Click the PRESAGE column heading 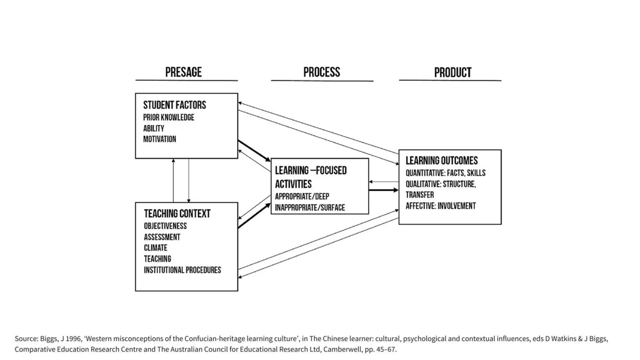pyautogui.click(x=183, y=72)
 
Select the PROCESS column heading pyautogui.click(x=322, y=72)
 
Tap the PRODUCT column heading pyautogui.click(x=452, y=72)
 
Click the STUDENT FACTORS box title pyautogui.click(x=174, y=105)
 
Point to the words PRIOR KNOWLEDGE pyautogui.click(x=168, y=117)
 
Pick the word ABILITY pyautogui.click(x=153, y=128)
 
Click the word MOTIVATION pyautogui.click(x=159, y=139)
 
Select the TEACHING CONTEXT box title pyautogui.click(x=177, y=214)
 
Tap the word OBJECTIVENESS pyautogui.click(x=165, y=226)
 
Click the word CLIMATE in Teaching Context pyautogui.click(x=155, y=248)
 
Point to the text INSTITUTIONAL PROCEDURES pyautogui.click(x=182, y=270)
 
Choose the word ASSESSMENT pyautogui.click(x=162, y=237)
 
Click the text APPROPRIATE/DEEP pyautogui.click(x=302, y=197)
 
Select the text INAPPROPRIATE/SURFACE pyautogui.click(x=310, y=208)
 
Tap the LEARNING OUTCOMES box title pyautogui.click(x=442, y=161)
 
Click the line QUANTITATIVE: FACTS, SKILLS pyautogui.click(x=445, y=173)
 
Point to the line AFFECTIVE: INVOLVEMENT pyautogui.click(x=441, y=206)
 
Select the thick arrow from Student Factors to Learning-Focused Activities pyautogui.click(x=254, y=151)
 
